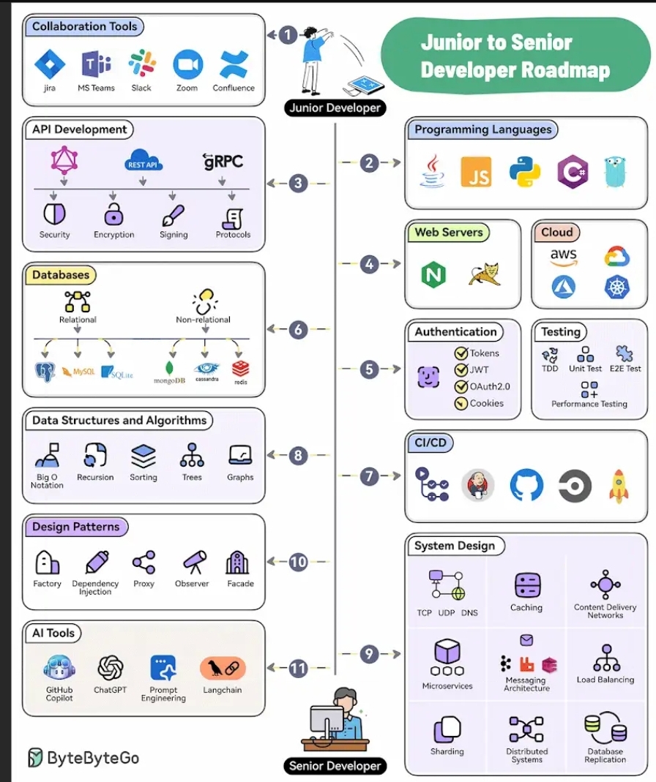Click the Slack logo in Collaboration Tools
[x=142, y=64]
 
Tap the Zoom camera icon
[x=187, y=64]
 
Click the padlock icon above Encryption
[x=113, y=214]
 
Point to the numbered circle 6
[x=297, y=329]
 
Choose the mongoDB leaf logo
[x=171, y=367]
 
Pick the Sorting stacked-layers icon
[x=143, y=456]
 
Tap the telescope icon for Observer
[x=193, y=563]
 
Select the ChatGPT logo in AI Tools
[x=111, y=667]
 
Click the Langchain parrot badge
[x=223, y=668]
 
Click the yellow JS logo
[x=476, y=172]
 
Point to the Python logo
[x=525, y=172]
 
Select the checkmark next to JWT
[x=461, y=369]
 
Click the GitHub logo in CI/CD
[x=526, y=486]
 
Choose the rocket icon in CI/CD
[x=619, y=486]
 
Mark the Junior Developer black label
[x=335, y=108]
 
